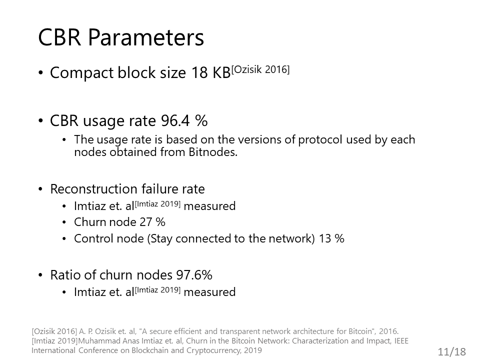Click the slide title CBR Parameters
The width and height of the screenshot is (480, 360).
(121, 37)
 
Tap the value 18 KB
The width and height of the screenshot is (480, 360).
(211, 73)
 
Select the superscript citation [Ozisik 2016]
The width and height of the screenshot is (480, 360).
(260, 70)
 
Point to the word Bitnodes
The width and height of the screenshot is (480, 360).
(213, 152)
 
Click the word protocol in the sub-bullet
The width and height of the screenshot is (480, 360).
(320, 140)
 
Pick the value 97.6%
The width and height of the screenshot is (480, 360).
(194, 275)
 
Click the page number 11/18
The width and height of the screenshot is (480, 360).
(452, 351)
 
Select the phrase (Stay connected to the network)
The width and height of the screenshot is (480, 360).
(231, 238)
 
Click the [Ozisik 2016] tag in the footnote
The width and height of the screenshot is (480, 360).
(54, 331)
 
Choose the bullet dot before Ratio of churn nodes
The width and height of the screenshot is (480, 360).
(40, 275)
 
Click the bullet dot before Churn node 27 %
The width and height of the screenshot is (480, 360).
(64, 222)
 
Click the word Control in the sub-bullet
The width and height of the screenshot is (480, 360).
(91, 238)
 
